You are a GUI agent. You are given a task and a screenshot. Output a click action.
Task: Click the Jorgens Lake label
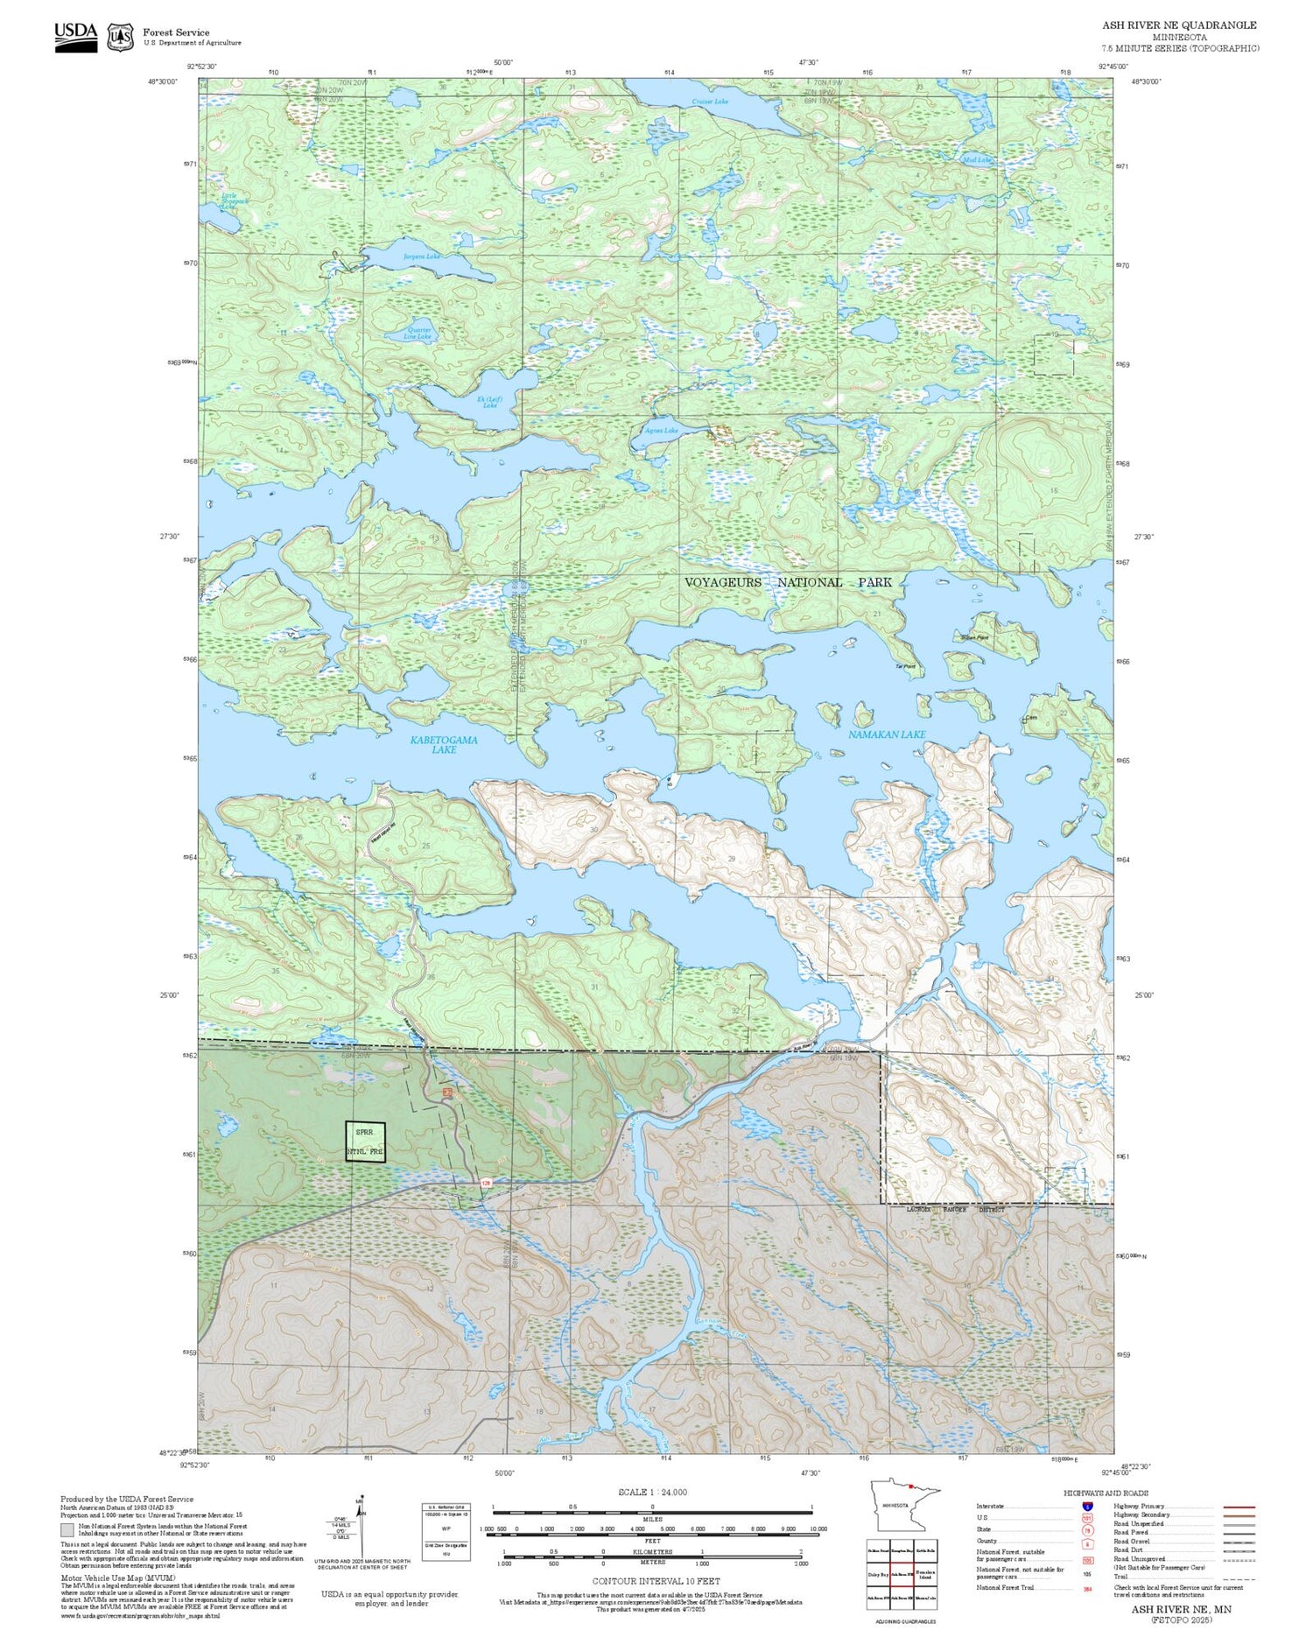[421, 256]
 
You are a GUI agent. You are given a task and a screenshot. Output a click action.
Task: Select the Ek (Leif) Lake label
[488, 402]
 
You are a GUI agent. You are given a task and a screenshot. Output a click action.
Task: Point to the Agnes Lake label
[661, 431]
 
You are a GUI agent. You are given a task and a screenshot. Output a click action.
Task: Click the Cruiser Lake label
[709, 102]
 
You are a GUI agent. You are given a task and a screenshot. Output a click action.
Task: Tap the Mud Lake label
[977, 160]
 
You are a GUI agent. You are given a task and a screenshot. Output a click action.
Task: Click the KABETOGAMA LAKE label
[444, 744]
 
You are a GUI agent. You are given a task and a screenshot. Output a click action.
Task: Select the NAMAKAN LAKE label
[886, 734]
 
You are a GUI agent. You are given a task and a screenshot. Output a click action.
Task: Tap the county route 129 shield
[485, 1183]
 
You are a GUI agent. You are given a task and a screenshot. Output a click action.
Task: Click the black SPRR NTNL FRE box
[365, 1142]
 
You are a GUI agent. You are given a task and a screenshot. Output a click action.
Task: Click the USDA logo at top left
[76, 37]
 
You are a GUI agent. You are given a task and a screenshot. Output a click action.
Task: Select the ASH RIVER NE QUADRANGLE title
[1179, 25]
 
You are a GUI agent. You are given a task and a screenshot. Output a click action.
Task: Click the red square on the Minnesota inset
[911, 1486]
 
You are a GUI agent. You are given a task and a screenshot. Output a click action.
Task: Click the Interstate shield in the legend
[1087, 1506]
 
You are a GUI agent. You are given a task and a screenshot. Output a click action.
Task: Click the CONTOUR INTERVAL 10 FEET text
[656, 1581]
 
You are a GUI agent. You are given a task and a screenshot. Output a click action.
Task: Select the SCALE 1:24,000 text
[652, 1492]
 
